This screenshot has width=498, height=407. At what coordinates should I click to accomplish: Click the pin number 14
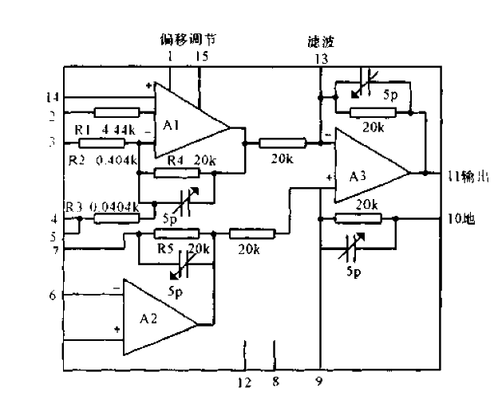coord(53,97)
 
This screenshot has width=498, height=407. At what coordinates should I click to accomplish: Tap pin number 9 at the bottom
coord(319,383)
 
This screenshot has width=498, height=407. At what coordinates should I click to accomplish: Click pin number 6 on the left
coord(53,295)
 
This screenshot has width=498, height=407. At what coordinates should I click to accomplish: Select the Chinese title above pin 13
coord(320,41)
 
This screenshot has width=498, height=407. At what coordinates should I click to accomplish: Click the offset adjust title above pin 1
coord(188,39)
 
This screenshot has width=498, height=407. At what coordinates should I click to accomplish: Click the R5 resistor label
coord(166,248)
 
